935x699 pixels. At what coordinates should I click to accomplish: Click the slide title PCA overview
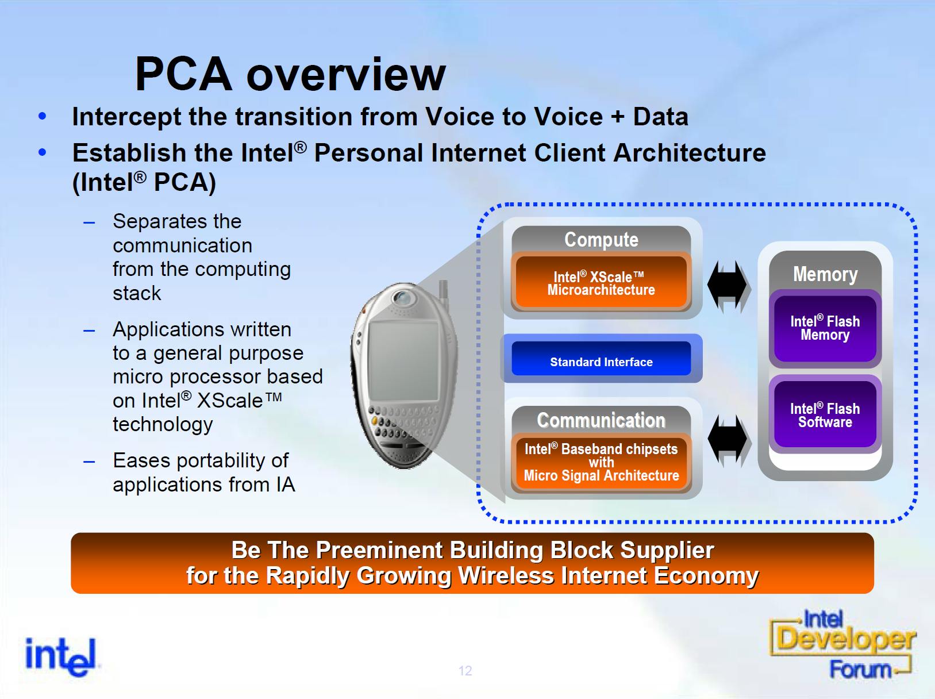pyautogui.click(x=290, y=74)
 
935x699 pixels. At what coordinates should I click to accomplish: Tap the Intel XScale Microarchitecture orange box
pyautogui.click(x=601, y=282)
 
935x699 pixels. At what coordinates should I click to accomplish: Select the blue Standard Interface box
pyautogui.click(x=601, y=358)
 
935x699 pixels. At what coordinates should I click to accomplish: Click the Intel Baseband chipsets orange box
pyautogui.click(x=601, y=463)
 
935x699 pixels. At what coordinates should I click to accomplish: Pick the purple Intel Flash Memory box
pyautogui.click(x=825, y=328)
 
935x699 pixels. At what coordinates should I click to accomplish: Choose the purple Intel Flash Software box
pyautogui.click(x=825, y=414)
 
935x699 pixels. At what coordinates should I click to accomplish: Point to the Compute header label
pyautogui.click(x=601, y=240)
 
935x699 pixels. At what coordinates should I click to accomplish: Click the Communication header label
pyautogui.click(x=601, y=420)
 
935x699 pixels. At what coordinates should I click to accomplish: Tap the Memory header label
pyautogui.click(x=825, y=274)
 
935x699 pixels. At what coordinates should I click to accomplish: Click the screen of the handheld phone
pyautogui.click(x=403, y=360)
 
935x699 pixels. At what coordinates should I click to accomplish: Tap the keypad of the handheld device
pyautogui.click(x=403, y=424)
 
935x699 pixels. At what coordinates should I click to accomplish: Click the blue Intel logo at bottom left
pyautogui.click(x=61, y=656)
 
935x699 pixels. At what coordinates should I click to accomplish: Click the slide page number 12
pyautogui.click(x=465, y=671)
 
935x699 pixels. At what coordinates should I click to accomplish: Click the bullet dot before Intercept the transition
pyautogui.click(x=42, y=116)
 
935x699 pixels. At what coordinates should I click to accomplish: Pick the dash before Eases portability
pyautogui.click(x=89, y=462)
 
